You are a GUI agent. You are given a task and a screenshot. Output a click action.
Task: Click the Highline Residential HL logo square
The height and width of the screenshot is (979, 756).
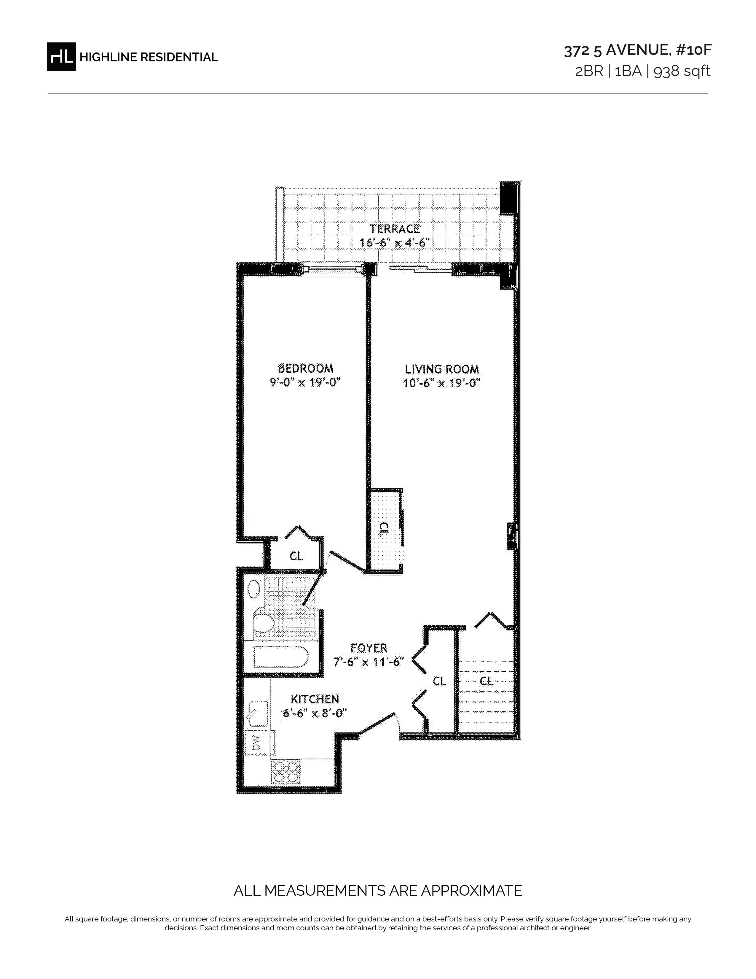61,56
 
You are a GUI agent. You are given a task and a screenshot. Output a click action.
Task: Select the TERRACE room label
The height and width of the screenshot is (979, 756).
395,229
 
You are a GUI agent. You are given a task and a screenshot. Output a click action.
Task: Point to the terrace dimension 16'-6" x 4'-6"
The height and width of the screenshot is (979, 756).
395,242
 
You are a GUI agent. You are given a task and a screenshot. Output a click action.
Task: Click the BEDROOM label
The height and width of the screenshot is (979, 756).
306,368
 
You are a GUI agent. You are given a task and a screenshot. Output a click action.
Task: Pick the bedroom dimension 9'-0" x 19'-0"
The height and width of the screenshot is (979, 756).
306,382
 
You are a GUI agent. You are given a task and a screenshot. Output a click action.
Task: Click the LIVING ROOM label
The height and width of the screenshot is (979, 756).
442,369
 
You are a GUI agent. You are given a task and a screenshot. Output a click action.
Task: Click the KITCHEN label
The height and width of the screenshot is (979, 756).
315,699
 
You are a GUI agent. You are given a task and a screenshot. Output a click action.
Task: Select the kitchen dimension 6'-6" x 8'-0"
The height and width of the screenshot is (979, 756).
315,713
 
